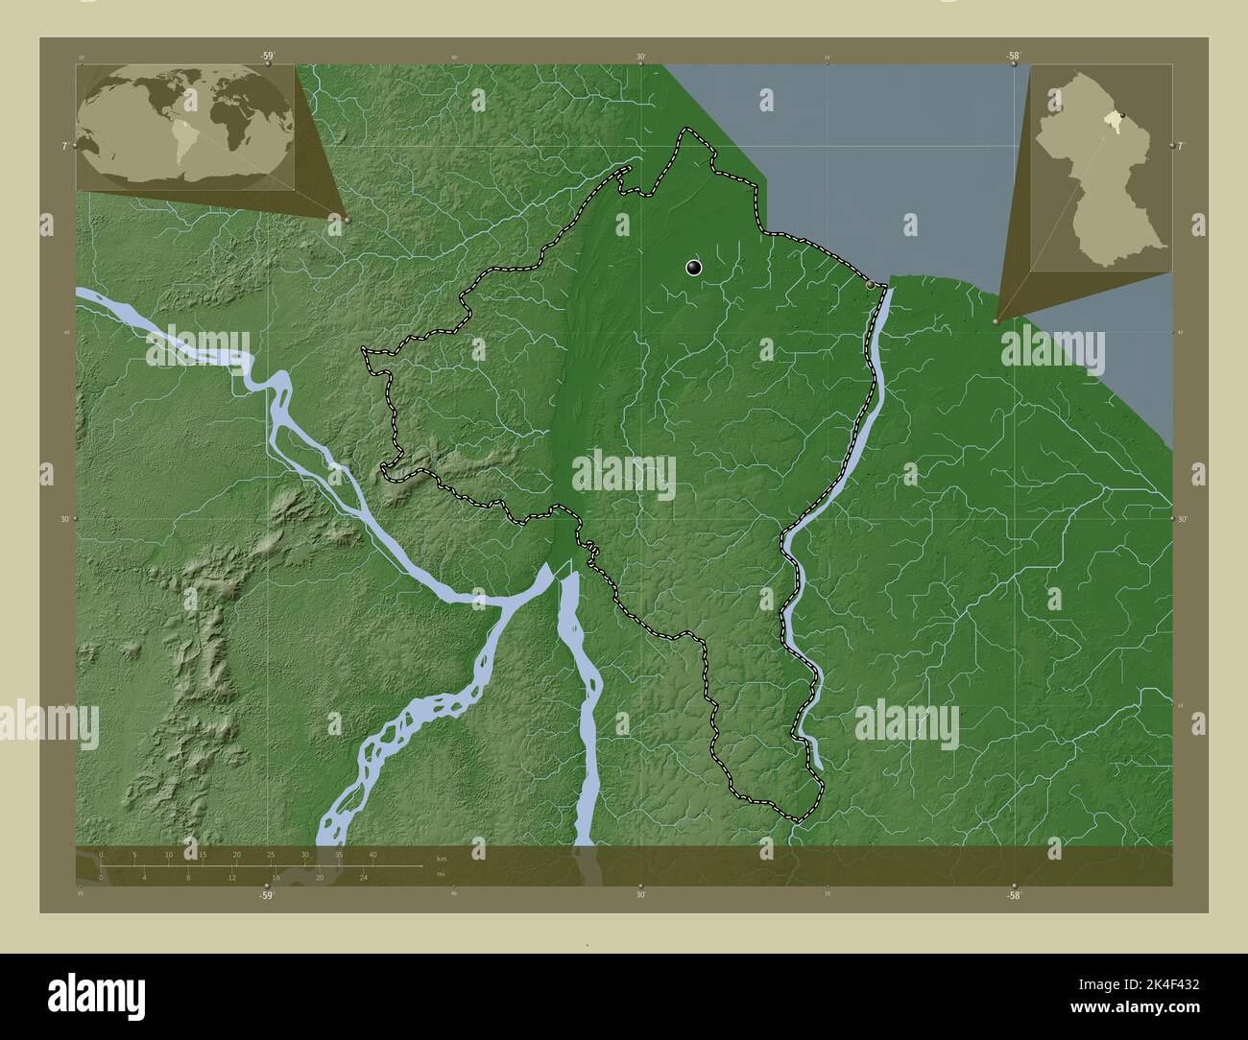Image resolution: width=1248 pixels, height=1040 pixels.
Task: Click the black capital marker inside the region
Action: click(x=694, y=268)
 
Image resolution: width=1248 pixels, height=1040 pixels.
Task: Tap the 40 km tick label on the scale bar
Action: click(x=372, y=854)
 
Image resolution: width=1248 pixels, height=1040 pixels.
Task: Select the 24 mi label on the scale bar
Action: click(x=363, y=877)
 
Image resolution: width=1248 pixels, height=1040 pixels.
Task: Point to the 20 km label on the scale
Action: click(x=236, y=854)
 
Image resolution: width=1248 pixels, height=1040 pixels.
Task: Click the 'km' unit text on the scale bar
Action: click(x=441, y=858)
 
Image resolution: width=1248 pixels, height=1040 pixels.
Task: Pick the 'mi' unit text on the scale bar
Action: click(x=441, y=874)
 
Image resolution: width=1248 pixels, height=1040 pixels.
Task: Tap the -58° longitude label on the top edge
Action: click(x=1014, y=56)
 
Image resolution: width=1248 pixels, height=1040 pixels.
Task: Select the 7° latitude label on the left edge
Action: click(x=64, y=146)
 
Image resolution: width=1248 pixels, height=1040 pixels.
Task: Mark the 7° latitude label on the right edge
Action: click(x=1182, y=145)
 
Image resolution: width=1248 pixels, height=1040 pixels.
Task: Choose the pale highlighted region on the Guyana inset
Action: click(x=1112, y=121)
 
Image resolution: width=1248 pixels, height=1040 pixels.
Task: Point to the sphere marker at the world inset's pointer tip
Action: click(x=347, y=219)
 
